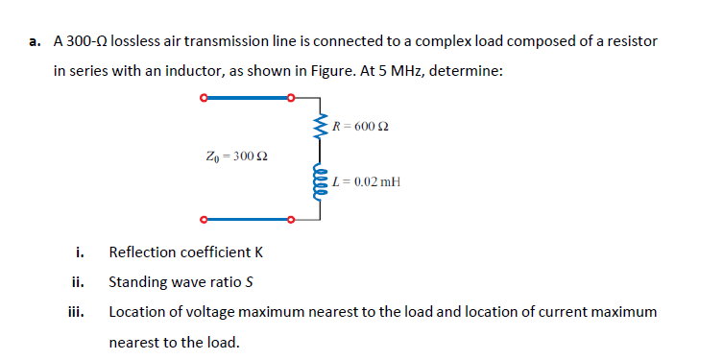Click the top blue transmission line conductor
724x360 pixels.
[247, 97]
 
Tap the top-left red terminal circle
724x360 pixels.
[203, 97]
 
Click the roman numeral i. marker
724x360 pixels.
[81, 252]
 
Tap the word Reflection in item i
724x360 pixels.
[141, 252]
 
